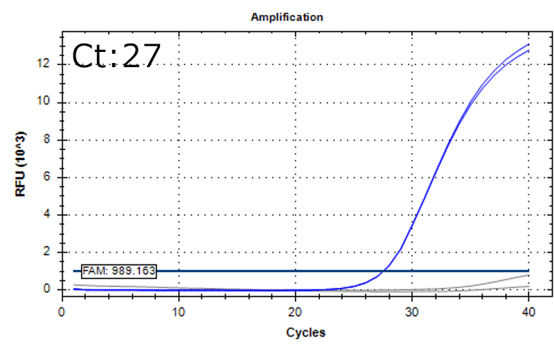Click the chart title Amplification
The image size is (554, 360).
(287, 17)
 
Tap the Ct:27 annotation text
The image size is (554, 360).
(116, 56)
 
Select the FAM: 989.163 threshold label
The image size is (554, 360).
(119, 271)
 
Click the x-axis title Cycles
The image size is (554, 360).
(305, 332)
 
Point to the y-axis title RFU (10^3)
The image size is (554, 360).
(21, 163)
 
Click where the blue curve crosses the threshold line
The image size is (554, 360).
(383, 271)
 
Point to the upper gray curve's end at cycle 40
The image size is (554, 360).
(529, 275)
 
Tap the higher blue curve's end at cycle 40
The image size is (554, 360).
(529, 44)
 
